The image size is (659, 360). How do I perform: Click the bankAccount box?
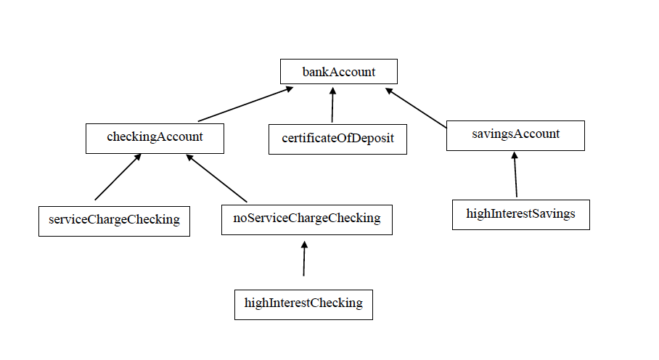click(x=339, y=71)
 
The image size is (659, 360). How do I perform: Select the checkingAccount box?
click(x=155, y=138)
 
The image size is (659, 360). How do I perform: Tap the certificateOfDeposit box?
click(x=337, y=139)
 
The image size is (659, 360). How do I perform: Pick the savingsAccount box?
click(x=515, y=135)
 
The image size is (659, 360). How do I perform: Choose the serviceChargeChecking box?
click(x=114, y=221)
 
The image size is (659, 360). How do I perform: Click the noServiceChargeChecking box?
click(x=306, y=219)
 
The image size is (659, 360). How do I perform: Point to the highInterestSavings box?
click(x=520, y=214)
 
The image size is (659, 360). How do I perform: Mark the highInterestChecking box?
click(x=303, y=304)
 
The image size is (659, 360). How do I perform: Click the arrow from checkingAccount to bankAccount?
click(x=245, y=104)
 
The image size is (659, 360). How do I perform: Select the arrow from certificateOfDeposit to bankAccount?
click(x=332, y=105)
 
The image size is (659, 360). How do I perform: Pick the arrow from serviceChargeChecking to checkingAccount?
click(x=118, y=177)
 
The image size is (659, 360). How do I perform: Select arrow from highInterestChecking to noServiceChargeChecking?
click(x=304, y=259)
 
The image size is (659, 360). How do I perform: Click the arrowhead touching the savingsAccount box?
click(x=514, y=155)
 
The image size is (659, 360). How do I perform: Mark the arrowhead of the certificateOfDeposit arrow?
click(x=333, y=91)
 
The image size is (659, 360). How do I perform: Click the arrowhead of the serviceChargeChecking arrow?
click(x=136, y=157)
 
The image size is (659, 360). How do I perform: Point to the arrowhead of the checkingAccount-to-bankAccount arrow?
click(x=289, y=89)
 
